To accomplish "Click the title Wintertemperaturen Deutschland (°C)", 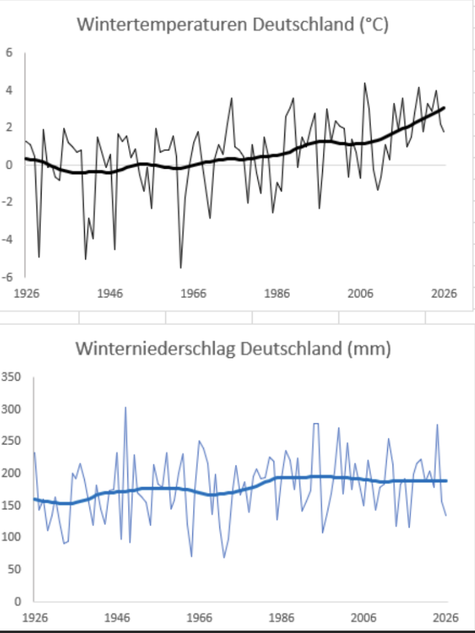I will click(x=232, y=26).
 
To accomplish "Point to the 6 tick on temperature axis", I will click(x=9, y=53).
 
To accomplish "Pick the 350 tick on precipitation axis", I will click(x=12, y=377).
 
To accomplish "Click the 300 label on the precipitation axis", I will click(x=12, y=409).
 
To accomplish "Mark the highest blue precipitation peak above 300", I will click(x=126, y=407).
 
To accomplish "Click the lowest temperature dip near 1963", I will click(x=181, y=267).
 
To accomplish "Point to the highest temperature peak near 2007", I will click(x=364, y=83).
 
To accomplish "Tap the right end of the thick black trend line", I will click(x=443, y=108).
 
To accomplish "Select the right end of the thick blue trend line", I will click(x=445, y=481).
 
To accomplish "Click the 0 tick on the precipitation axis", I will click(x=19, y=601).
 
